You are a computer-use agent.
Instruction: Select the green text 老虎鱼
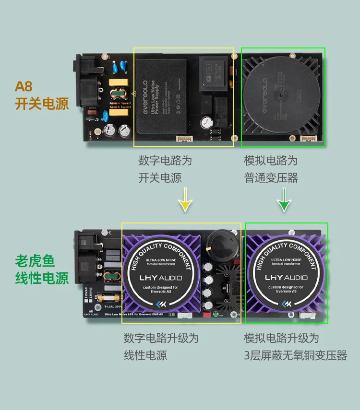tap(35, 261)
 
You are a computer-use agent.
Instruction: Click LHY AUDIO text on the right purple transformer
tap(287, 278)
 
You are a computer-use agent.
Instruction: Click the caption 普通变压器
tap(271, 178)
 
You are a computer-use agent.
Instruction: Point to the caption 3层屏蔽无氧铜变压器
tap(295, 355)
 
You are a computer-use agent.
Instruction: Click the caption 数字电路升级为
tap(161, 338)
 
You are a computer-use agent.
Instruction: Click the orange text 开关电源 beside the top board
tap(42, 104)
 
